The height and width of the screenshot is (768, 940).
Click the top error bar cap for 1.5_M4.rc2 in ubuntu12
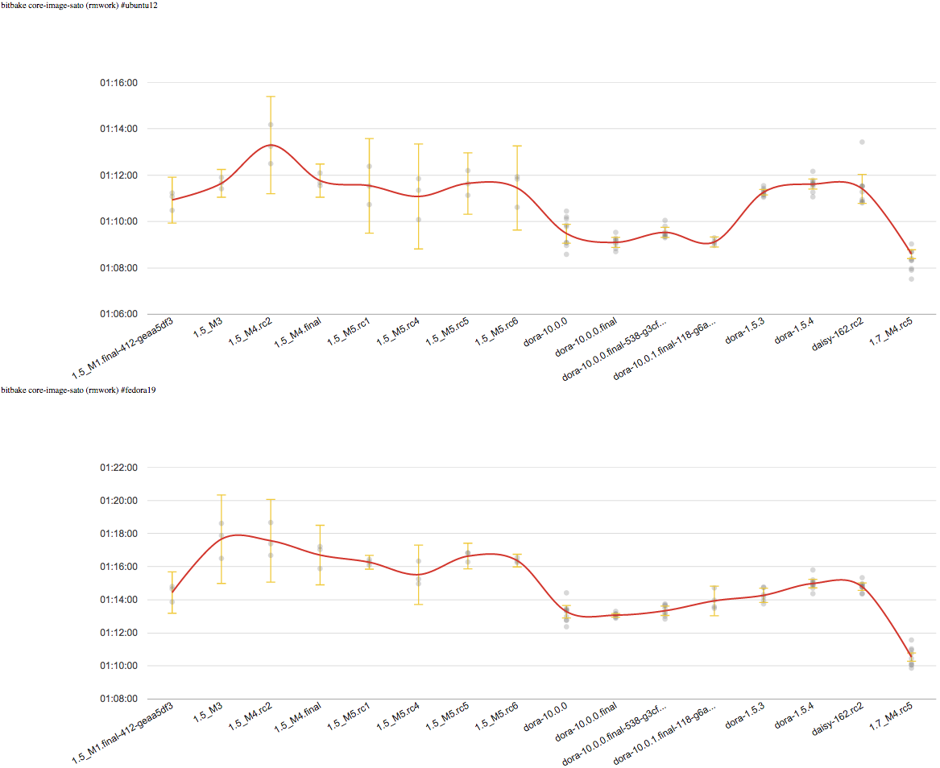(271, 97)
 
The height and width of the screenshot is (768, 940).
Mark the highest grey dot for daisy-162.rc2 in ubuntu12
(862, 142)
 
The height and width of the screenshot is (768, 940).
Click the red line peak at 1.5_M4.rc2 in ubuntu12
(271, 145)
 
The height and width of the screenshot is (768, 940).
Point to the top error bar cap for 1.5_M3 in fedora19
(222, 495)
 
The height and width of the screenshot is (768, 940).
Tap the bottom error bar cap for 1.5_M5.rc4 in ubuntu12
(419, 249)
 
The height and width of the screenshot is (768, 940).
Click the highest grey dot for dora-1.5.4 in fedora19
(813, 570)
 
